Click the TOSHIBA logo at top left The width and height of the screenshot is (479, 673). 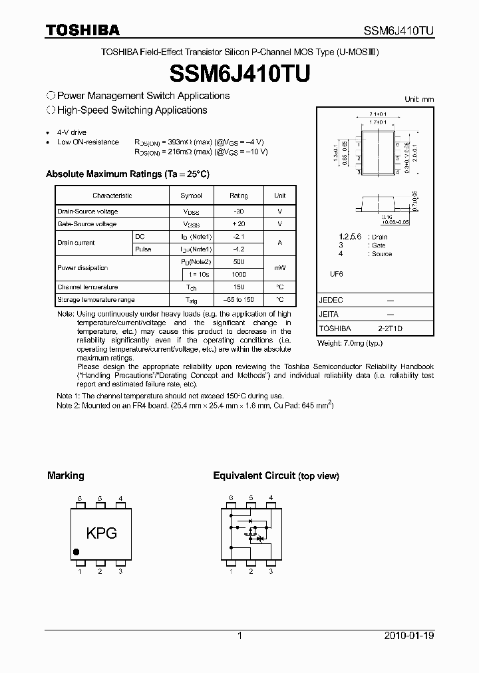(82, 29)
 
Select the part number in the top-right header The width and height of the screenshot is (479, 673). (398, 30)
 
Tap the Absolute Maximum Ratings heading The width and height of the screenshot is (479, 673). (127, 174)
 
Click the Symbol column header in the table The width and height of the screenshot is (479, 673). (191, 196)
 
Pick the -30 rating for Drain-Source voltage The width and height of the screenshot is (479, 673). (238, 211)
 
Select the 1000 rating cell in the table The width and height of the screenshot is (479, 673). (238, 274)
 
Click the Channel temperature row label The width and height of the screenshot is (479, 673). (88, 287)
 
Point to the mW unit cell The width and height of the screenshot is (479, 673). (279, 268)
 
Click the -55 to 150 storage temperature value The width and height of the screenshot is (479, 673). (238, 300)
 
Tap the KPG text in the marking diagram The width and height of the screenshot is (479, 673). (101, 533)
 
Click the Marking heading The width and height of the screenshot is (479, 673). (65, 475)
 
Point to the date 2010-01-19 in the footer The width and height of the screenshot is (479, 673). (408, 636)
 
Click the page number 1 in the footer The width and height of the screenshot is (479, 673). (239, 636)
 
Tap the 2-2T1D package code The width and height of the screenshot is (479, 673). (390, 329)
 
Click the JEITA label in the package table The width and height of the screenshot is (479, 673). (329, 315)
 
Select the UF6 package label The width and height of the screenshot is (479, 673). (335, 273)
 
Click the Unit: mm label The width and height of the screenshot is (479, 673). (419, 99)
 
